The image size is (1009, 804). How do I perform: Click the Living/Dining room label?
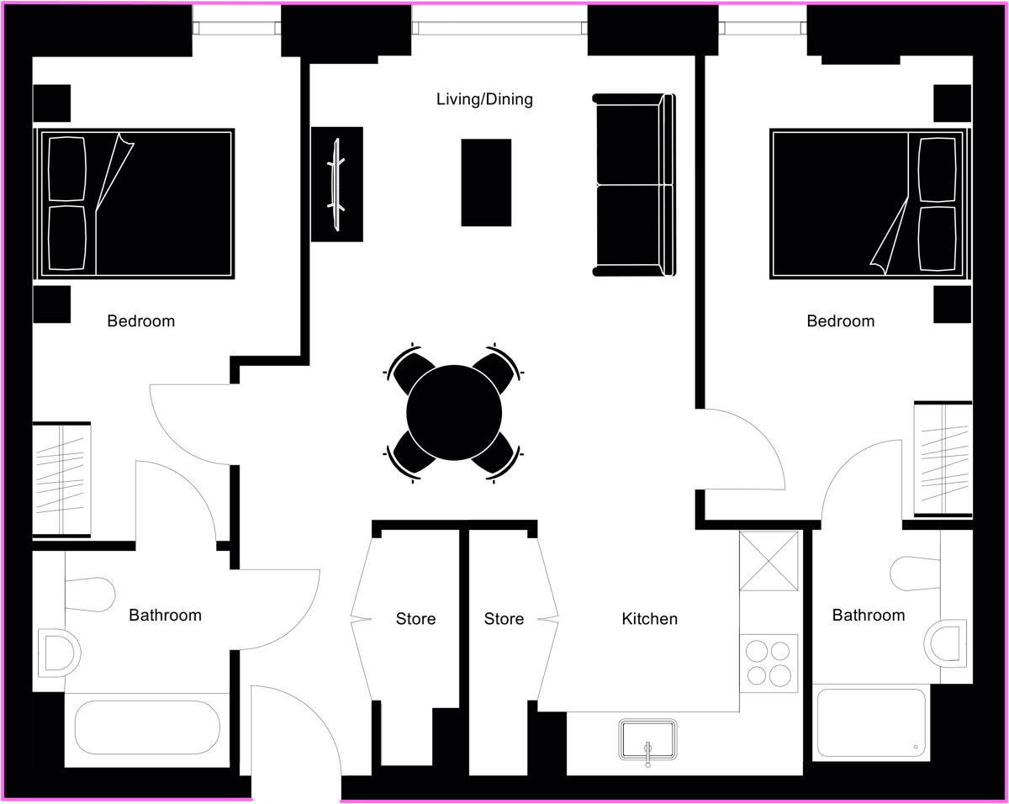484,99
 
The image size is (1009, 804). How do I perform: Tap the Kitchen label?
649,619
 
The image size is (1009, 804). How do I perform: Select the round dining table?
454,413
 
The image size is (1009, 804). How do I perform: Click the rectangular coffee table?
486,182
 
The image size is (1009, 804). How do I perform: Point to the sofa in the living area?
634,185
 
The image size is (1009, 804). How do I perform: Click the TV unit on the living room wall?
336,184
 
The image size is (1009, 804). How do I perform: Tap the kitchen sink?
648,740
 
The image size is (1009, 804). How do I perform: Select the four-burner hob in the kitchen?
769,664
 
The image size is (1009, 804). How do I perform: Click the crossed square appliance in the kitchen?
769,561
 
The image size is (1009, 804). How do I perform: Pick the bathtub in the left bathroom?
147,727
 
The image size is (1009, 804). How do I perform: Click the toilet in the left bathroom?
90,595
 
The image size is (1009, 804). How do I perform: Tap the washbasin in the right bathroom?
945,643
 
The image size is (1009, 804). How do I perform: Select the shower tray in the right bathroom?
871,722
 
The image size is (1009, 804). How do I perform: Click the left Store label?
415,619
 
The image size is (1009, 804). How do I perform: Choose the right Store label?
504,619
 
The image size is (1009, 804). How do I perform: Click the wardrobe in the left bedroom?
61,479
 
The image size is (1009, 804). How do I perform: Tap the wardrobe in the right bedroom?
943,458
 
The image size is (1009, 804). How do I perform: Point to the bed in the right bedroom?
870,204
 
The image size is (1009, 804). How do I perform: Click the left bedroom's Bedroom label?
140,321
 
